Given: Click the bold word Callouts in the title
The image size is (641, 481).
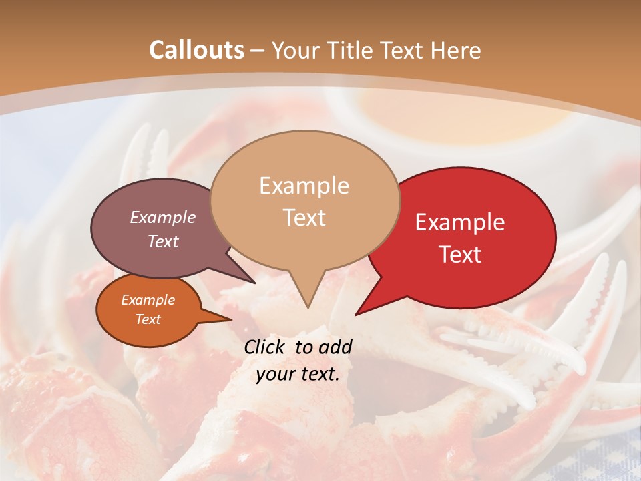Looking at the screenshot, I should (x=196, y=50).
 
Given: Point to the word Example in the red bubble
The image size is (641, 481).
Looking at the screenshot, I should (x=460, y=222).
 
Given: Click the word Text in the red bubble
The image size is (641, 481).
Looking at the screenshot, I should (x=460, y=254).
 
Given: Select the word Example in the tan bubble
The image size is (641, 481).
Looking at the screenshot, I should (x=304, y=186).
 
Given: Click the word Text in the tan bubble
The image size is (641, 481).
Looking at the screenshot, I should (x=304, y=217).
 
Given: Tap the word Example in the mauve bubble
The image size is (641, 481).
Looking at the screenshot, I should (x=162, y=217).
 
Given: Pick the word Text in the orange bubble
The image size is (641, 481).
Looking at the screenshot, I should (x=148, y=319).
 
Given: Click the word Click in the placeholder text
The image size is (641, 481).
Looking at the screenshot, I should (x=265, y=347).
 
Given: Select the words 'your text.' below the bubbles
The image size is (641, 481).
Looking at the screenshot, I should (x=297, y=375).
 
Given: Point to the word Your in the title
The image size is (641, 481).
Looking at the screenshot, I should (x=296, y=50).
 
